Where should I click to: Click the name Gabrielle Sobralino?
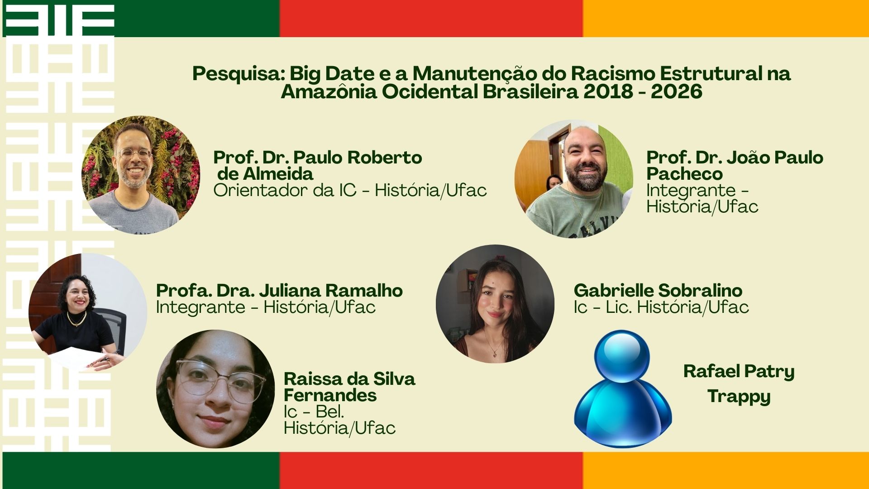click(x=658, y=290)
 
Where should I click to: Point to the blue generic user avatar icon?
click(x=623, y=388)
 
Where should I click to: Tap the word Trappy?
click(x=739, y=397)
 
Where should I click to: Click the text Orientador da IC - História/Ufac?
click(x=350, y=191)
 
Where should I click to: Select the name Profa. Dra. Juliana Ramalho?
click(x=279, y=290)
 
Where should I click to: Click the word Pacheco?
click(x=684, y=174)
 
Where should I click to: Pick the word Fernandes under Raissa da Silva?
click(x=330, y=395)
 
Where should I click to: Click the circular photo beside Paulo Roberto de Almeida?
click(x=141, y=175)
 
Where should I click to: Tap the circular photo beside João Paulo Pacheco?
click(x=574, y=179)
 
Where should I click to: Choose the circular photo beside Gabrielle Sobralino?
click(x=495, y=304)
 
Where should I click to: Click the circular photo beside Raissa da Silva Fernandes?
click(x=215, y=389)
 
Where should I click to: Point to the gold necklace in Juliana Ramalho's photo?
click(x=76, y=320)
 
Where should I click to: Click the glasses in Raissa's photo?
click(x=220, y=380)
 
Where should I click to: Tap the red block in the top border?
click(x=431, y=19)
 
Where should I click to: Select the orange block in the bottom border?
click(x=726, y=470)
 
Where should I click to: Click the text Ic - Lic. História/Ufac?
click(x=661, y=307)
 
